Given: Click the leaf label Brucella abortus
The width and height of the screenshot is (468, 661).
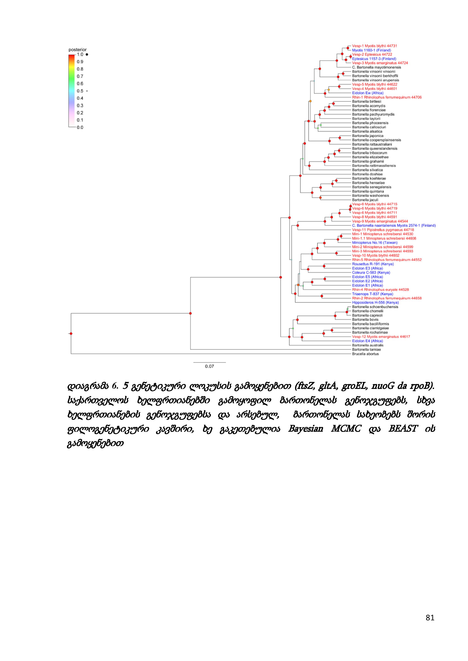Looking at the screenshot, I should pos(365,354).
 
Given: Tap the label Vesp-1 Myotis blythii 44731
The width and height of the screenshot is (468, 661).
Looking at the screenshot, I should pos(372,46).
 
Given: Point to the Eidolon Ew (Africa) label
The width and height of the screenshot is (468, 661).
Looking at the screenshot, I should pos(368,93).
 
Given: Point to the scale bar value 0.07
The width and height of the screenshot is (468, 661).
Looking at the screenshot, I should pos(210,366).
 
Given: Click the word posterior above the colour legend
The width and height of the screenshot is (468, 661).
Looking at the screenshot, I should pos(78,50).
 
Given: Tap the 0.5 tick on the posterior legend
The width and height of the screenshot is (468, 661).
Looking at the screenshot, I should pos(80,91).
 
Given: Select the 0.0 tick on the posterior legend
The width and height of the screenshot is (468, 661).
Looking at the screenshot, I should pos(80,128).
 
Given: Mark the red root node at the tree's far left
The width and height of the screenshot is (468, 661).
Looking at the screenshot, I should pos(71,334).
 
